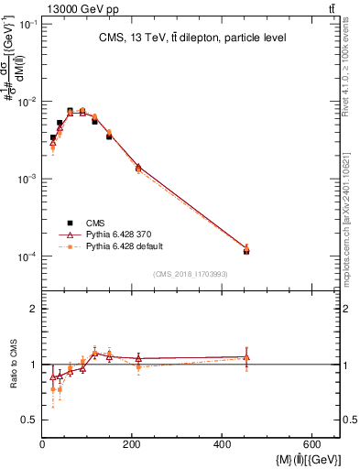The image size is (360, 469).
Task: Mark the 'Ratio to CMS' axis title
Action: pyautogui.click(x=15, y=364)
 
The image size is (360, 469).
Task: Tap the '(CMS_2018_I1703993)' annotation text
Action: pyautogui.click(x=190, y=274)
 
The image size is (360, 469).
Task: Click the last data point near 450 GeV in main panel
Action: pyautogui.click(x=246, y=249)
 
